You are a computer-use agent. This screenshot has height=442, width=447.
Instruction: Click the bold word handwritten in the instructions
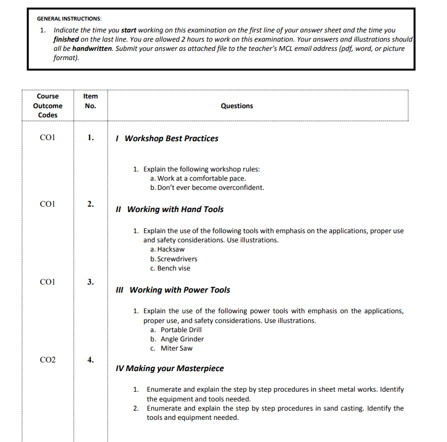92,49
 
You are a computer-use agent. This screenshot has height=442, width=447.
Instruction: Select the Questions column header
237,106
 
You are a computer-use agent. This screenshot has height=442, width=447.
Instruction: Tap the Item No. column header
90,101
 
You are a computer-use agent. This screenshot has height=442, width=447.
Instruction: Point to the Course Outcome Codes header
48,106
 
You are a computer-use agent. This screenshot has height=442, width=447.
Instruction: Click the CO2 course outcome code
48,359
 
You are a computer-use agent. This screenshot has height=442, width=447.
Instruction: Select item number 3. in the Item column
90,282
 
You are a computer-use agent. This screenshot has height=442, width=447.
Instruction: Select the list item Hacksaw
167,249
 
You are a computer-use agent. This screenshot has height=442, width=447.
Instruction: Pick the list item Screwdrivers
173,259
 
